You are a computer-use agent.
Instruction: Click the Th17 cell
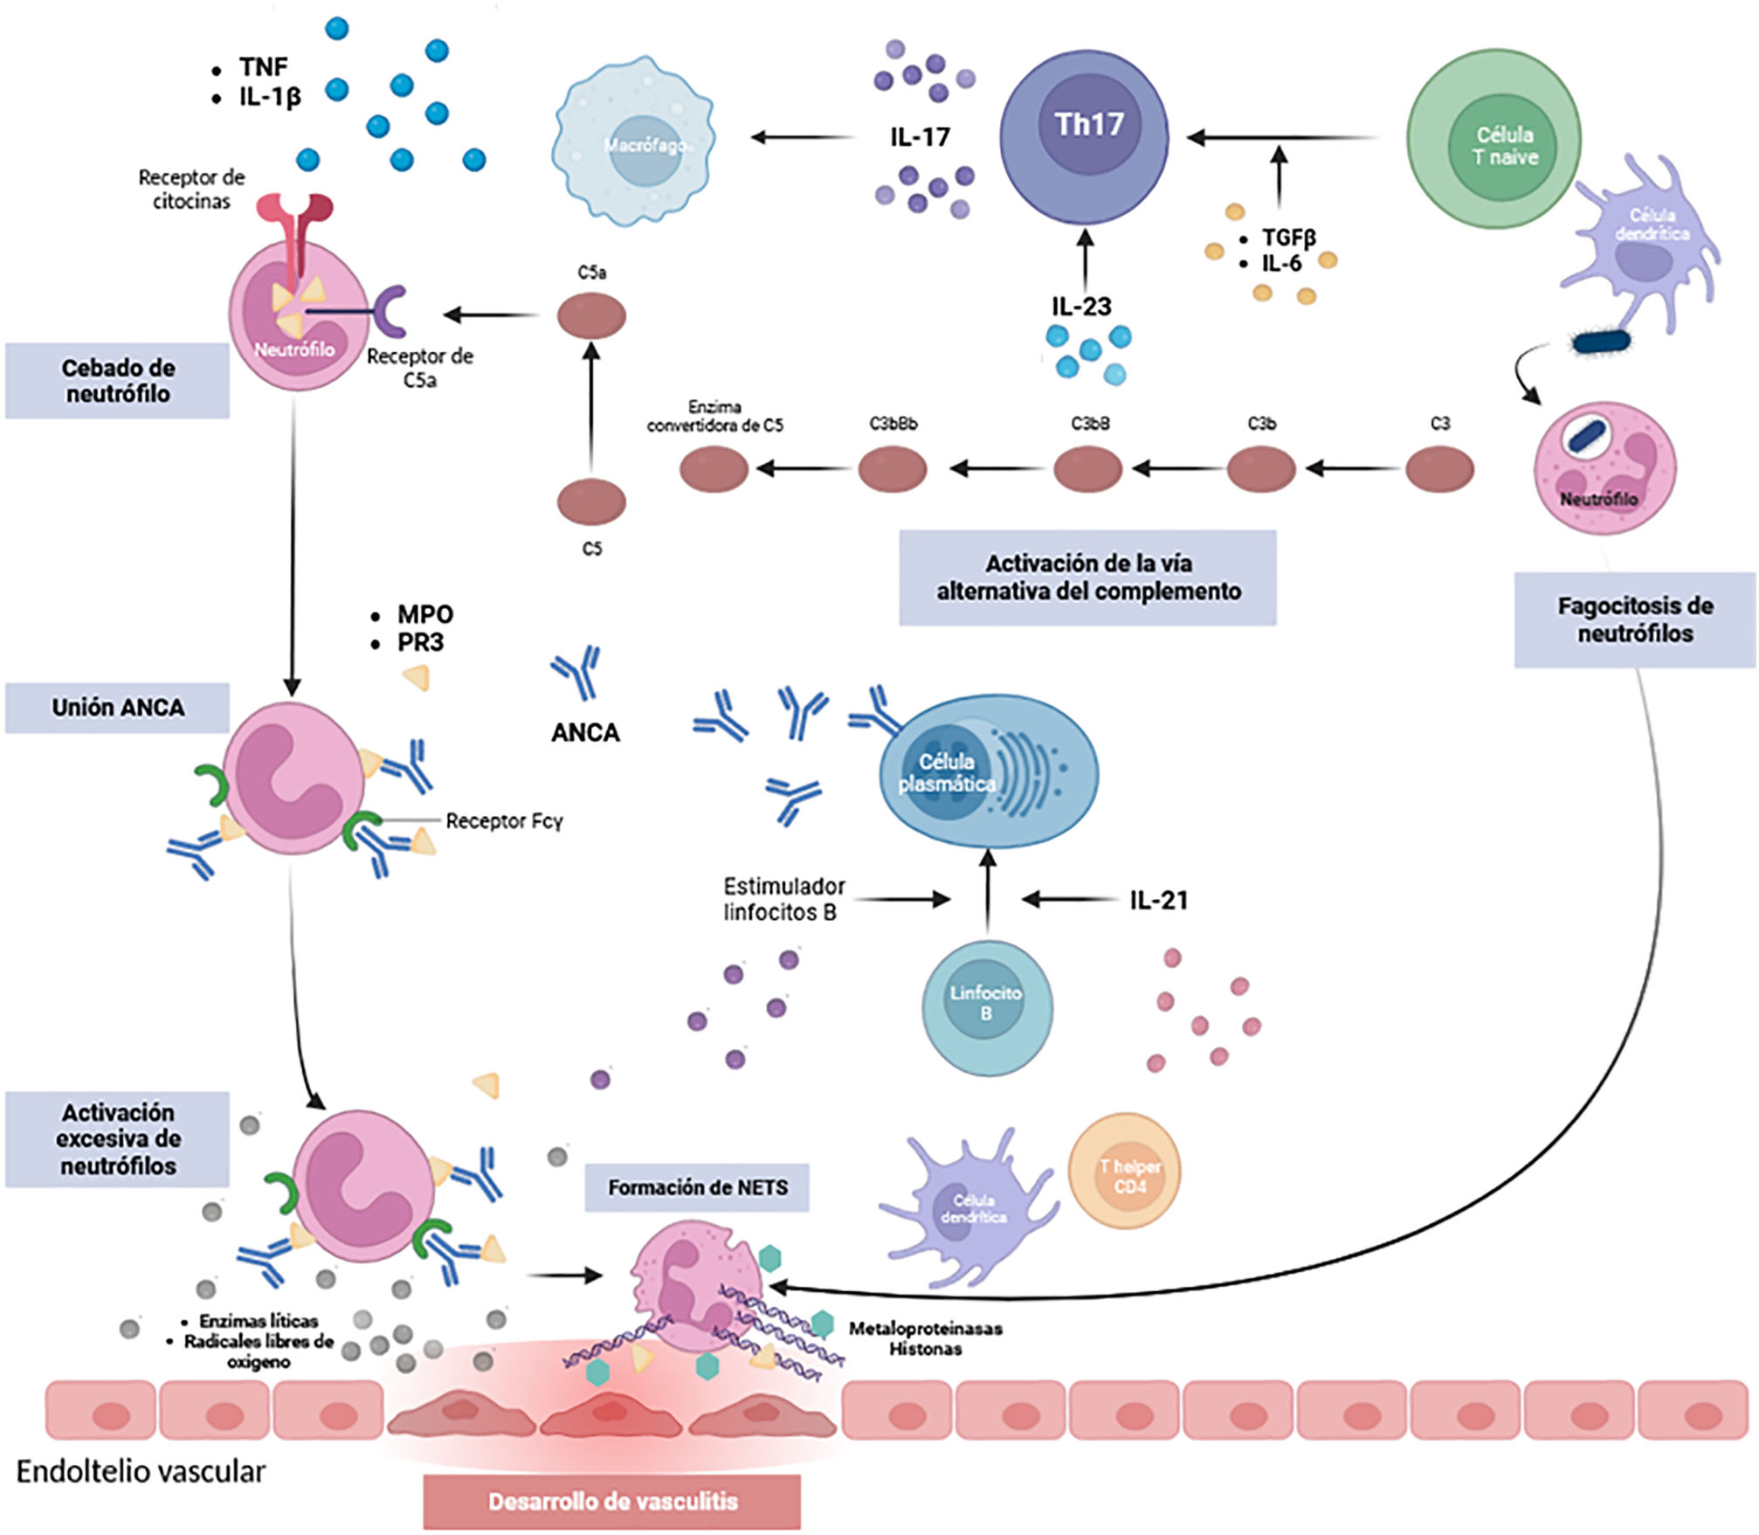[x=1084, y=136]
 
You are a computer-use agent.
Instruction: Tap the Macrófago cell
[x=634, y=142]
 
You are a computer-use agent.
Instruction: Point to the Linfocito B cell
[x=987, y=1006]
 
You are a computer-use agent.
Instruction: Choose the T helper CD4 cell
[x=1125, y=1171]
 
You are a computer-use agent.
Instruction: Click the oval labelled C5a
[x=591, y=315]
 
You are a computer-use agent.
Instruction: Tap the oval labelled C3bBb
[x=892, y=468]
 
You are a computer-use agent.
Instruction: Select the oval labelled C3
[x=1439, y=468]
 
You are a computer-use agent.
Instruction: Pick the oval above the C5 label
[x=591, y=501]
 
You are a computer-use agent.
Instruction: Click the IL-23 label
[x=1081, y=307]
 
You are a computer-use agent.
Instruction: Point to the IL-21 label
[x=1158, y=900]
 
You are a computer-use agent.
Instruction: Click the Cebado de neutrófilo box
[x=118, y=380]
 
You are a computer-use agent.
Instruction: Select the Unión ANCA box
[x=118, y=708]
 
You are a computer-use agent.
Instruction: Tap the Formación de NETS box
[x=697, y=1187]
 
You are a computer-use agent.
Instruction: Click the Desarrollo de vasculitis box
[x=612, y=1502]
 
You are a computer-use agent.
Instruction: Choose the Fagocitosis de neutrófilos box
[x=1634, y=619]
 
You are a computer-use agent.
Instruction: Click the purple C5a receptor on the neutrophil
[x=392, y=311]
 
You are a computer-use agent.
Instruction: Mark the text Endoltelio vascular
[x=141, y=1471]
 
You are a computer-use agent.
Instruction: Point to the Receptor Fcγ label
[x=504, y=821]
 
